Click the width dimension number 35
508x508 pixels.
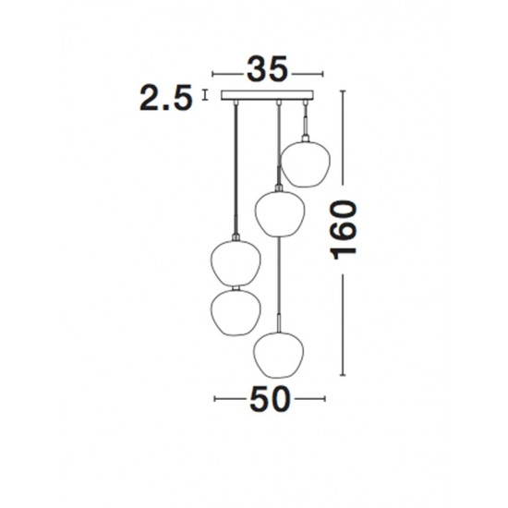point(268,70)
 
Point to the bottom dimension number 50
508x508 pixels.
point(269,399)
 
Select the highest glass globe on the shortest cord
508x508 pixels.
point(304,162)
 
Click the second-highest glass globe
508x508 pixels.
point(278,212)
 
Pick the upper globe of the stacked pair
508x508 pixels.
point(234,262)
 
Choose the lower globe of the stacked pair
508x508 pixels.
point(234,312)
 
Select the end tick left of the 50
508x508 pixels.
point(213,399)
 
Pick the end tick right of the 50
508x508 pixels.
point(323,399)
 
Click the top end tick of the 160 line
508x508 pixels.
point(346,91)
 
